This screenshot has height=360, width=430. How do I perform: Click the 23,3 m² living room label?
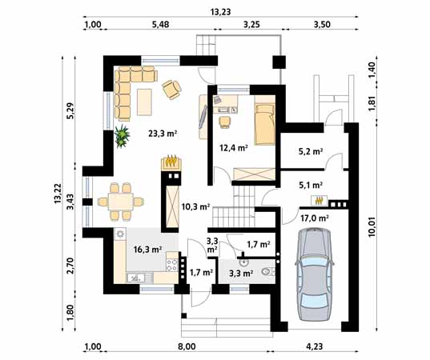[x=162, y=134]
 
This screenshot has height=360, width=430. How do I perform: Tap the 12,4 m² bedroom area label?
[x=234, y=148]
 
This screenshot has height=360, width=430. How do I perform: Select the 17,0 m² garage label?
[x=315, y=218]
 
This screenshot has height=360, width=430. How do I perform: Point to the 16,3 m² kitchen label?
[x=147, y=250]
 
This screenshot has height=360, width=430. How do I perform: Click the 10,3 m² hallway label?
[x=195, y=206]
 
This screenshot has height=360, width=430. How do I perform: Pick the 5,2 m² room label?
[x=310, y=151]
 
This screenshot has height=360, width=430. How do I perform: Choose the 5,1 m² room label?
[x=310, y=186]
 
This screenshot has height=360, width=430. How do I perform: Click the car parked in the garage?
[x=314, y=274]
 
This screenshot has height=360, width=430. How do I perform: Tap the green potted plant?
[x=122, y=136]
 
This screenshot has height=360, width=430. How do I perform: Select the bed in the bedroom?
[x=264, y=123]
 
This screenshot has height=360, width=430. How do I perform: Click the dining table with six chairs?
[x=121, y=202]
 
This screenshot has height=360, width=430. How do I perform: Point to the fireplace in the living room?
[x=171, y=162]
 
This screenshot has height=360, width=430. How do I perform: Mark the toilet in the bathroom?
[x=268, y=272]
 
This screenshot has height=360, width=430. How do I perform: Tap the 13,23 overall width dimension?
[x=220, y=12]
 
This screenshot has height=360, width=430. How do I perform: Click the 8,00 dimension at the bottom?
[x=187, y=346]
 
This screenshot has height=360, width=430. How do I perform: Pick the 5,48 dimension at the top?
[x=160, y=25]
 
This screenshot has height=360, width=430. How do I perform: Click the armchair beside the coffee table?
[x=171, y=90]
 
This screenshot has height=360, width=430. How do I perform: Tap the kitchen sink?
[x=135, y=278]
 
